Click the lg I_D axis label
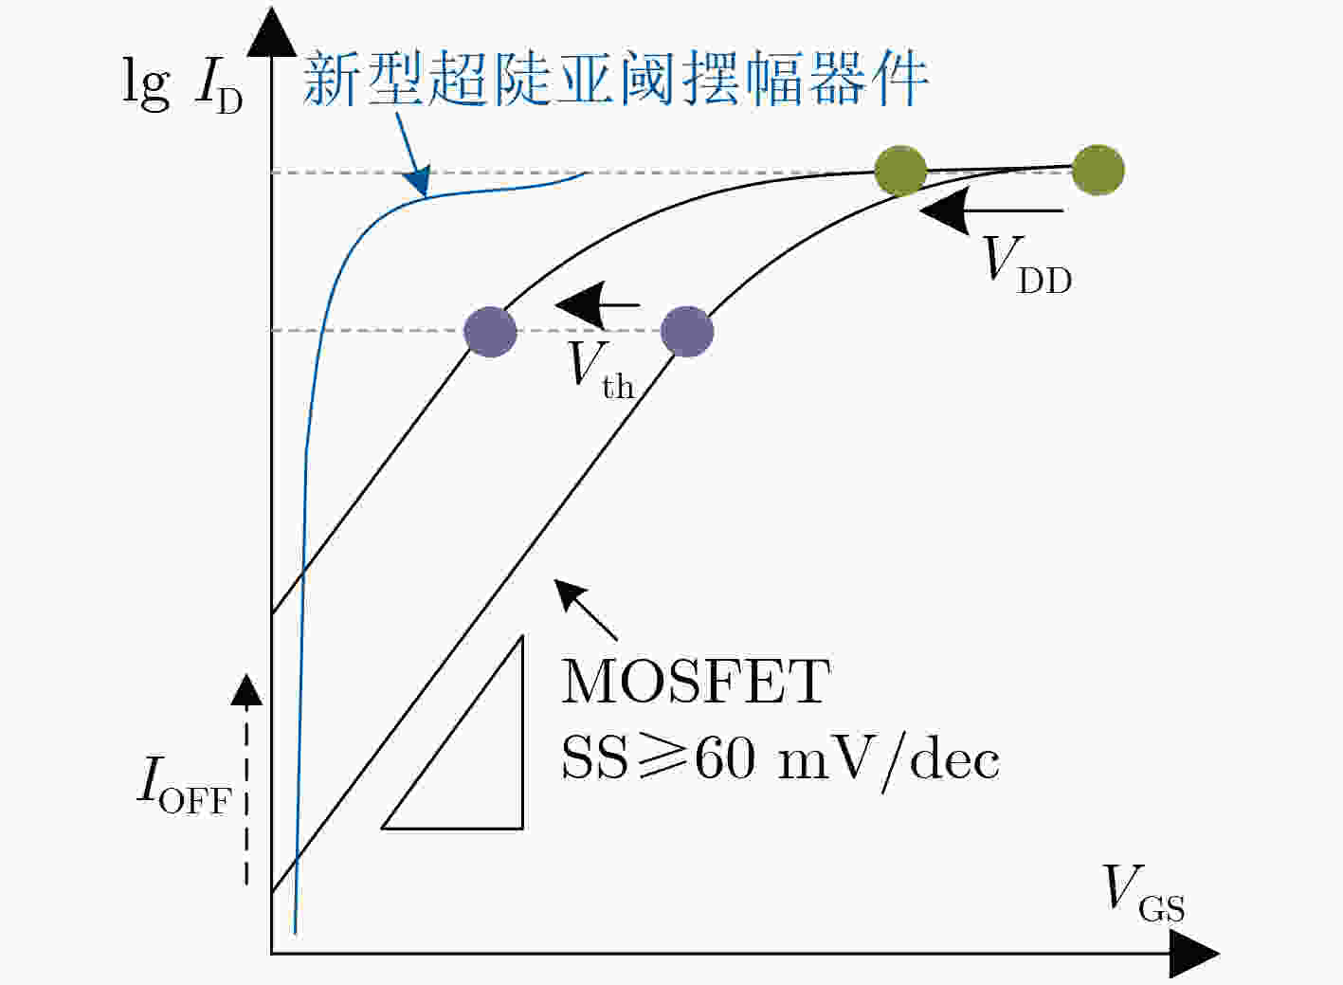coord(183,85)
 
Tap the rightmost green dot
coord(1098,170)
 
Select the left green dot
coord(900,171)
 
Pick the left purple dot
coord(490,332)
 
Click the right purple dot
coord(687,332)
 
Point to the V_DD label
coord(1026,265)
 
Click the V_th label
coord(601,371)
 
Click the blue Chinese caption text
coord(615,79)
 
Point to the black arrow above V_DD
coord(991,210)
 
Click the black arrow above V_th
coord(598,304)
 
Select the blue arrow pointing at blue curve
coord(412,155)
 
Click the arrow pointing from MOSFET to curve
coord(586,610)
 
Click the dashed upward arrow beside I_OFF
coord(246,779)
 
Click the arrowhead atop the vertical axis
coord(272,32)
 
